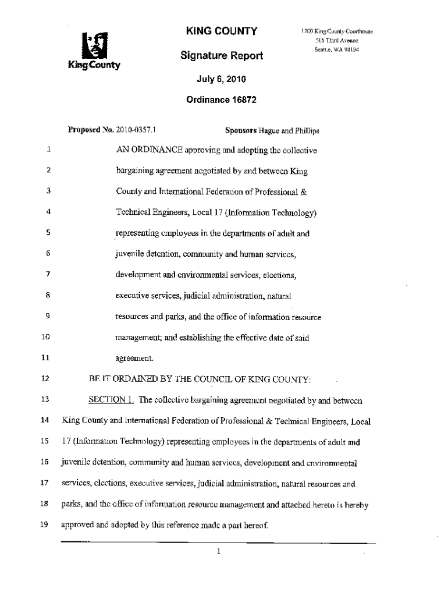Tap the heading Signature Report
(x=221, y=56)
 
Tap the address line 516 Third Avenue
(x=336, y=40)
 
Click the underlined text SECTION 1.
(x=111, y=400)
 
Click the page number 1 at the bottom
(x=218, y=552)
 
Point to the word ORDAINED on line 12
(x=137, y=379)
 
